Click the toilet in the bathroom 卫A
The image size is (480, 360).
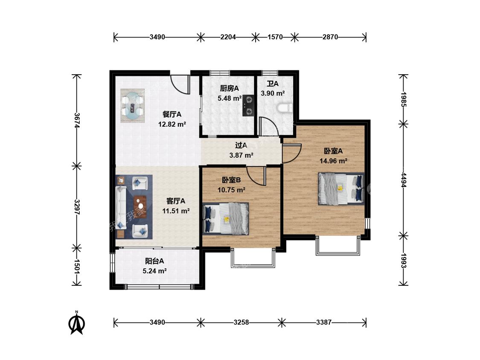pyautogui.click(x=285, y=108)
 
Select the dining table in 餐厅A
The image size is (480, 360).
pyautogui.click(x=133, y=106)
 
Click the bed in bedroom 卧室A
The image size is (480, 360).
pyautogui.click(x=341, y=189)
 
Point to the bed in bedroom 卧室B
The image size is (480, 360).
pyautogui.click(x=226, y=218)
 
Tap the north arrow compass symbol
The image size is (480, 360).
pyautogui.click(x=77, y=323)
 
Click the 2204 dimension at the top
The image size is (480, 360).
pyautogui.click(x=228, y=37)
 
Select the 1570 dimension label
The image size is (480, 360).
pyautogui.click(x=275, y=37)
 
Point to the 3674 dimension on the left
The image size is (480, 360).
pyautogui.click(x=77, y=120)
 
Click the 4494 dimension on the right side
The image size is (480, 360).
pyautogui.click(x=404, y=180)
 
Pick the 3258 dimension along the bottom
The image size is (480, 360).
pyautogui.click(x=241, y=322)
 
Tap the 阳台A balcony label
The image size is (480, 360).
pyautogui.click(x=154, y=261)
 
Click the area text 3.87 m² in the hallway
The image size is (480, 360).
pyautogui.click(x=241, y=155)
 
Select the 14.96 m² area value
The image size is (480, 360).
pyautogui.click(x=333, y=161)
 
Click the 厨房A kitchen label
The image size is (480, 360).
pyautogui.click(x=229, y=88)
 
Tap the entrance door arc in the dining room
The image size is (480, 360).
pyautogui.click(x=179, y=84)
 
